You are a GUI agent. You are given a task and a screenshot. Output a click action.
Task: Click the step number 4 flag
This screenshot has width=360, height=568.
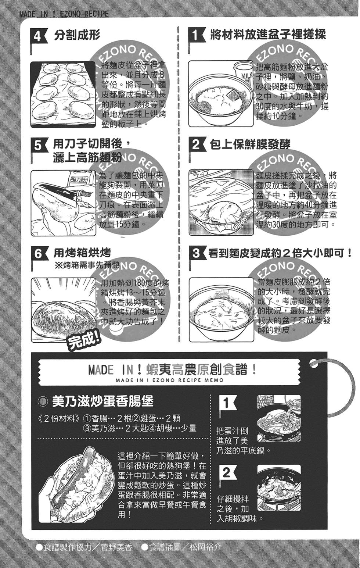click(x=38, y=36)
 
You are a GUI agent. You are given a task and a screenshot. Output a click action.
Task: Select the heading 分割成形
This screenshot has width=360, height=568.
click(x=77, y=36)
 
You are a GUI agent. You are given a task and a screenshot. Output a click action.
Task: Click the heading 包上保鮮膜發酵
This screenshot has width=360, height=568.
click(x=250, y=144)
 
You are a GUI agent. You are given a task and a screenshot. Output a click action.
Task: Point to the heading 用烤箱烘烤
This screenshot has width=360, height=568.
click(x=82, y=253)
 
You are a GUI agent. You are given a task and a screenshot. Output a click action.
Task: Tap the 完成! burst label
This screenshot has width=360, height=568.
click(x=84, y=342)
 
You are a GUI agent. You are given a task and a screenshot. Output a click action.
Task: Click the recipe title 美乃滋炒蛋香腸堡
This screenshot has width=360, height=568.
click(x=102, y=401)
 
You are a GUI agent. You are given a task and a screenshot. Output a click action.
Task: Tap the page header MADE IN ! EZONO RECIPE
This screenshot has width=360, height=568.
click(x=64, y=14)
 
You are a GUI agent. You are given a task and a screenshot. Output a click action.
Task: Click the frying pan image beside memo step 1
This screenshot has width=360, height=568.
click(x=279, y=418)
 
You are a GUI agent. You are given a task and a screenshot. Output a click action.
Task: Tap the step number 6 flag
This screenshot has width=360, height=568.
click(x=38, y=253)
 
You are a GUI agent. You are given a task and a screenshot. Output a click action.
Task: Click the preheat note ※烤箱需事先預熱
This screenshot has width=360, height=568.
click(x=86, y=265)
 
